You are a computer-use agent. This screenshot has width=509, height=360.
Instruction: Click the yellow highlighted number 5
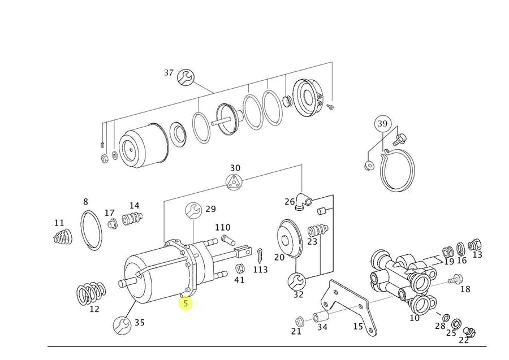pyautogui.click(x=186, y=303)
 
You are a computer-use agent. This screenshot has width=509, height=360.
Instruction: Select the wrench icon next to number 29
pyautogui.click(x=193, y=210)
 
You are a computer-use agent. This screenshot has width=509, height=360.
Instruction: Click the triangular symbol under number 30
pyautogui.click(x=234, y=183)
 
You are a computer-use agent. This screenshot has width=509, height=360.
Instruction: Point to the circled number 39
pyautogui.click(x=383, y=124)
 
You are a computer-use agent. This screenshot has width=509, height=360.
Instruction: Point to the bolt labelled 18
pyautogui.click(x=455, y=279)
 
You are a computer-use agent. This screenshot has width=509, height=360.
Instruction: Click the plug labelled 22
pyautogui.click(x=469, y=332)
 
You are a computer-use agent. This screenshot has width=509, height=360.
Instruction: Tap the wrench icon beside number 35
pyautogui.click(x=122, y=324)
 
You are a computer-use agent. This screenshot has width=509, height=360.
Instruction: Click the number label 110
pyautogui.click(x=222, y=227)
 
